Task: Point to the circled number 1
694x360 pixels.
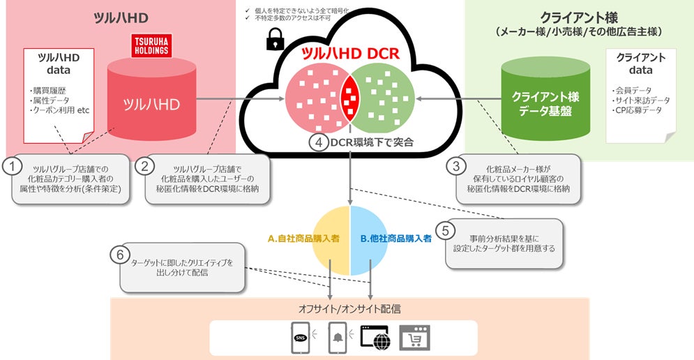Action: point(12,166)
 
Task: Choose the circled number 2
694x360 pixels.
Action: point(146,166)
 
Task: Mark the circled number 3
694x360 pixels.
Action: point(455,166)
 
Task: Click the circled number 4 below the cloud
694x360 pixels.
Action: point(318,142)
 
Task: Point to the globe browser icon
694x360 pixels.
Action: point(375,338)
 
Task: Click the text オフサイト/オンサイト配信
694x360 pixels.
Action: point(349,308)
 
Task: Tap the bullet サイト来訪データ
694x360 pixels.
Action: point(640,100)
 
